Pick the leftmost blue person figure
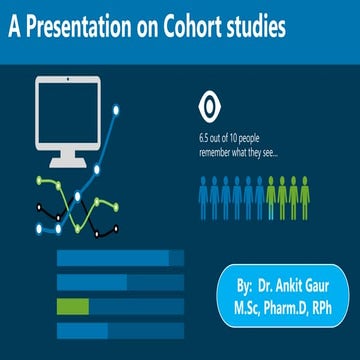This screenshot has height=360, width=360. point(205,198)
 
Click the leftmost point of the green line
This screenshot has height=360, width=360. point(38,183)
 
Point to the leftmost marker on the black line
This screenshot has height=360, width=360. point(36,208)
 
